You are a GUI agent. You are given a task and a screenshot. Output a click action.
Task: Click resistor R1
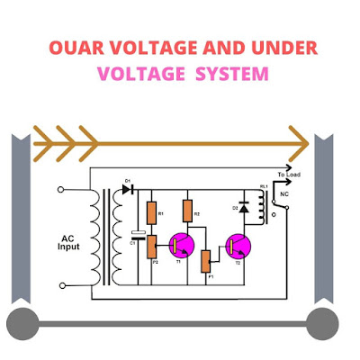[150, 213]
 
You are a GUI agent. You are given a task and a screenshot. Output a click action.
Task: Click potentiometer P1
[205, 261]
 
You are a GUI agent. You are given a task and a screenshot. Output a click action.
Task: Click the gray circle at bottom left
[22, 321]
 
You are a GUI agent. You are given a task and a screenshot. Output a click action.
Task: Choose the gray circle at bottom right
[320, 321]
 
